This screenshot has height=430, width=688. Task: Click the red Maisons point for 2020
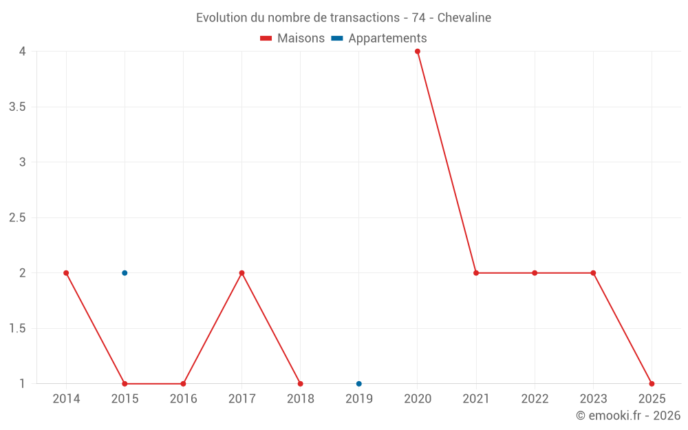pos(418,52)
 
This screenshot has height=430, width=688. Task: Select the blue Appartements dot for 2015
pos(125,273)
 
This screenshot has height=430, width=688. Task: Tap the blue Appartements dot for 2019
pos(359,384)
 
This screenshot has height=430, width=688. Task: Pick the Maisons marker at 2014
pos(66,273)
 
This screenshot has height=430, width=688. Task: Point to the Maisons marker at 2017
pos(241,273)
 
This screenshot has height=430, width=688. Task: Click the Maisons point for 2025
pos(652,384)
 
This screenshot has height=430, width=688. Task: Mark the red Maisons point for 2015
pos(125,384)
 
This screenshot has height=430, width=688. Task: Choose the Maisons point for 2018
pos(301,384)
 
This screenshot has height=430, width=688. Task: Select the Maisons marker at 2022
pos(535,273)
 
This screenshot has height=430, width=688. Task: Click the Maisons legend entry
pos(292,39)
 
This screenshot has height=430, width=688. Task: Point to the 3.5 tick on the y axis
pos(17,107)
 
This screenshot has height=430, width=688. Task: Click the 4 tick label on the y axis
pos(23,52)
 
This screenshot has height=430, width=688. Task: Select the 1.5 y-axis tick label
pos(17,329)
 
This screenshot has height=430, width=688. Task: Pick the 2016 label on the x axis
pos(183,399)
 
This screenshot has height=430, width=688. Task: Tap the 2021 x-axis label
pos(476,399)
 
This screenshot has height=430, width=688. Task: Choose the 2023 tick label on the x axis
pos(593,399)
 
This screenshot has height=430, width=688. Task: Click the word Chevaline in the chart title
pos(464,18)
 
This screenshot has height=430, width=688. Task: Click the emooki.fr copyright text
pos(628,416)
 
